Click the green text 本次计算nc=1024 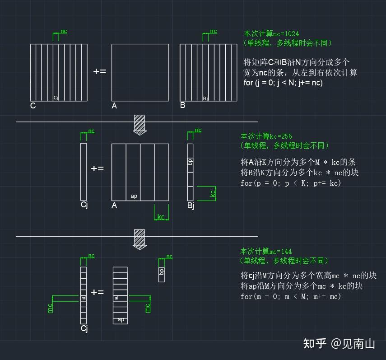271,33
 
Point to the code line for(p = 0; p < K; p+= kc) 291,183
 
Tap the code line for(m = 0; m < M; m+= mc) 291,297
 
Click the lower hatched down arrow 140,239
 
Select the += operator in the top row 99,71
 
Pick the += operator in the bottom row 97,292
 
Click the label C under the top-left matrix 33,106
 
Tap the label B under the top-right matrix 182,106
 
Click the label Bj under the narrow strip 191,206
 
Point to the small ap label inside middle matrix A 134,196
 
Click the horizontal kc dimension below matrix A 161,217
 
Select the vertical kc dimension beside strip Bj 213,193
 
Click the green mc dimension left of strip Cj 51,308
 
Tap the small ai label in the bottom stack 116,298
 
